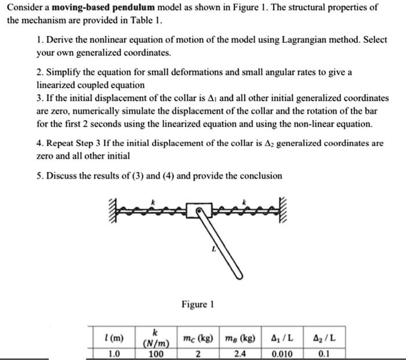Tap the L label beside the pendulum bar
(x=213, y=250)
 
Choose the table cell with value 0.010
(x=281, y=354)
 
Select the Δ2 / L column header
(x=324, y=337)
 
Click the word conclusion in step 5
(x=259, y=176)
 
